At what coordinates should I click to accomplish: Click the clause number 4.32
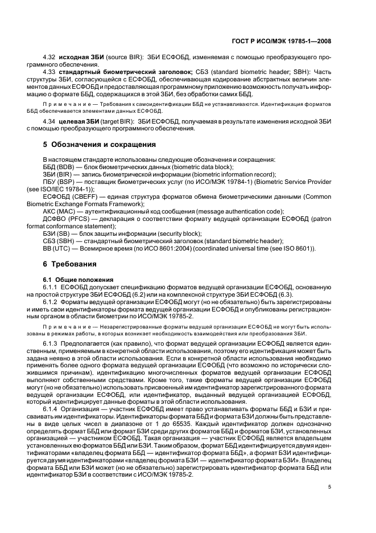[49, 58]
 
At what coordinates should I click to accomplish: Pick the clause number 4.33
[49, 72]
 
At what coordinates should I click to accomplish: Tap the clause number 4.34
[49, 121]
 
